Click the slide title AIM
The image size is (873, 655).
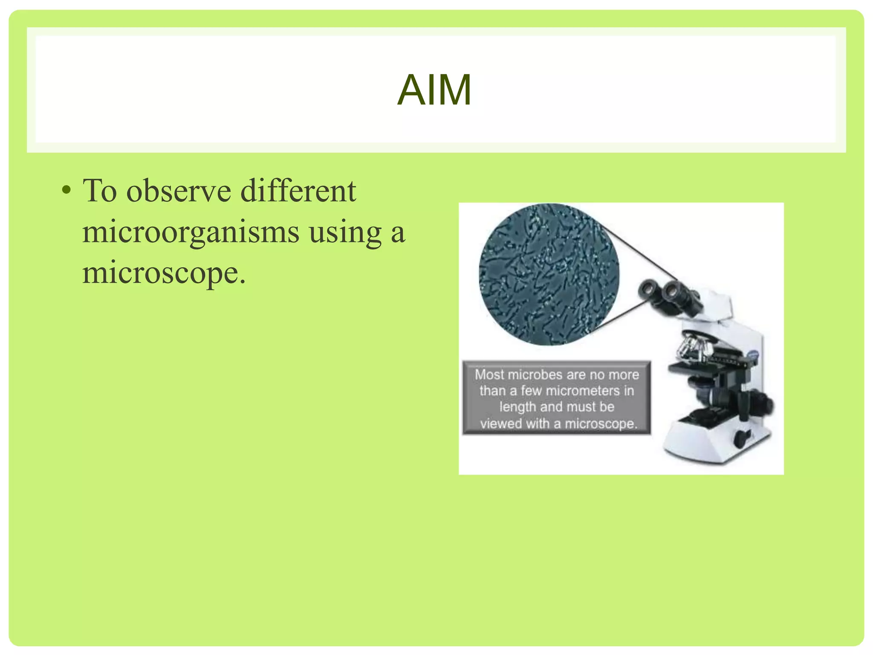point(434,90)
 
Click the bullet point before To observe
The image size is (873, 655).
point(66,190)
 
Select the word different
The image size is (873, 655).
point(298,191)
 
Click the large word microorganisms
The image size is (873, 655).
point(191,232)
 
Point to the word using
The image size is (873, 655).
point(345,233)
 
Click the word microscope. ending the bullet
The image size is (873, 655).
point(164,273)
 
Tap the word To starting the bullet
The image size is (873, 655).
point(100,191)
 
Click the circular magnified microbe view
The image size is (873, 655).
point(549,274)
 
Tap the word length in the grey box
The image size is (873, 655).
point(517,407)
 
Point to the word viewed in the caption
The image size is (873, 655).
point(501,423)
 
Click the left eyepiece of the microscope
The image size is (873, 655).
point(648,290)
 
